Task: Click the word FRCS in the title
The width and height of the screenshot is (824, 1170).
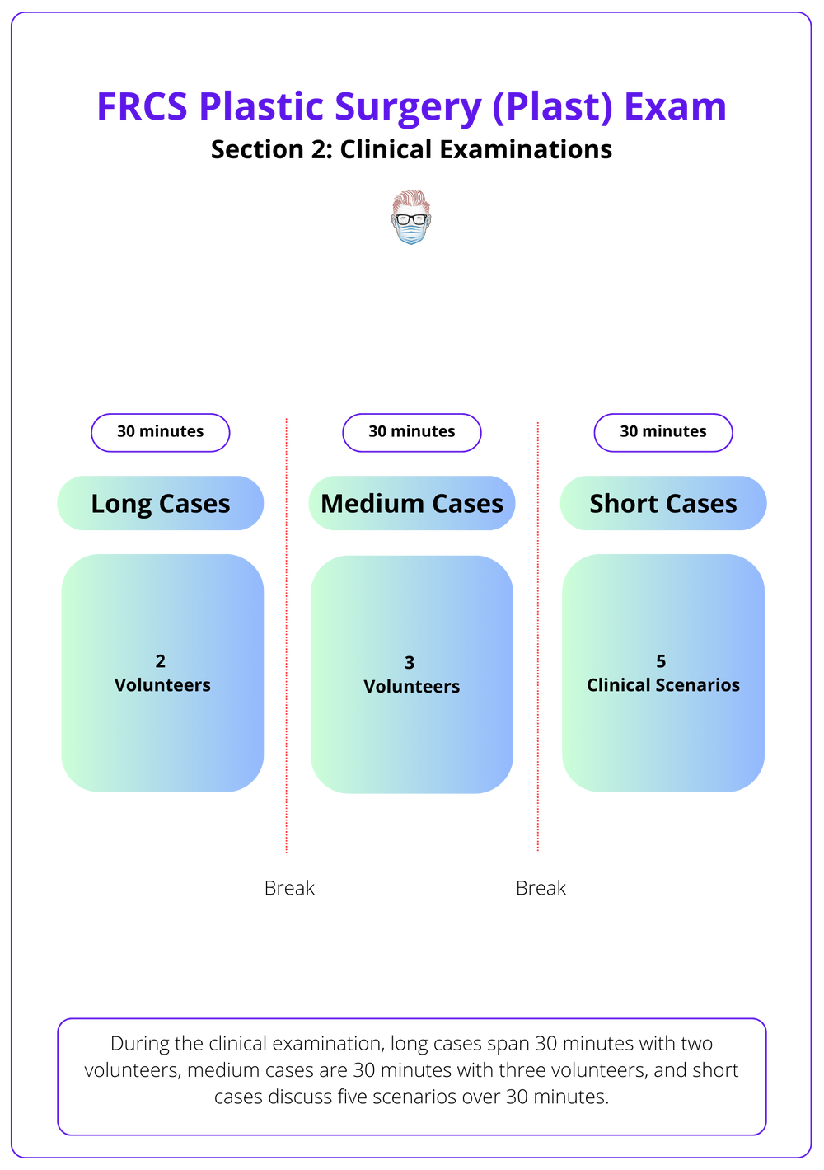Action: [x=143, y=107]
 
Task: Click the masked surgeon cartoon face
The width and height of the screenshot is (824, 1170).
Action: [x=410, y=217]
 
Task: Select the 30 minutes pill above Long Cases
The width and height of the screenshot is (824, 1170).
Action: [x=161, y=432]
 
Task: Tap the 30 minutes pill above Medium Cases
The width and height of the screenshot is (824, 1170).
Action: [x=412, y=432]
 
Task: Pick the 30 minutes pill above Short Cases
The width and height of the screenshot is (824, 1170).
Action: [x=663, y=432]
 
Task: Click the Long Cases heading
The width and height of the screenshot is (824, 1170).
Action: [x=161, y=503]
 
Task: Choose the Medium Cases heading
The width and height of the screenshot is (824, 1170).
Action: [x=412, y=503]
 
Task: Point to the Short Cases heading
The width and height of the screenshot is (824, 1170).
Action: [x=663, y=503]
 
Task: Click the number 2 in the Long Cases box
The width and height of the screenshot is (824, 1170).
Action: [x=161, y=661]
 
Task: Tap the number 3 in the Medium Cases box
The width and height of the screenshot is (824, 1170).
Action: [x=410, y=663]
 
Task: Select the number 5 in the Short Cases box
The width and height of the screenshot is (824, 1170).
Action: [x=661, y=661]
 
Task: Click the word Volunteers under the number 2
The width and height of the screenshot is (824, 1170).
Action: [x=162, y=685]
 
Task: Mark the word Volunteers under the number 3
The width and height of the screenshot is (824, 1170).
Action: [x=412, y=687]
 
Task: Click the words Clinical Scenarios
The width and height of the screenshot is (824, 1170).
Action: [x=663, y=685]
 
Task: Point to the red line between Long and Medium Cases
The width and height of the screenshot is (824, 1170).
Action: [x=286, y=635]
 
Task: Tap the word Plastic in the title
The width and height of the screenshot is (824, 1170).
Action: [x=261, y=107]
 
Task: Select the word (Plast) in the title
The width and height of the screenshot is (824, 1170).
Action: [x=552, y=107]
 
